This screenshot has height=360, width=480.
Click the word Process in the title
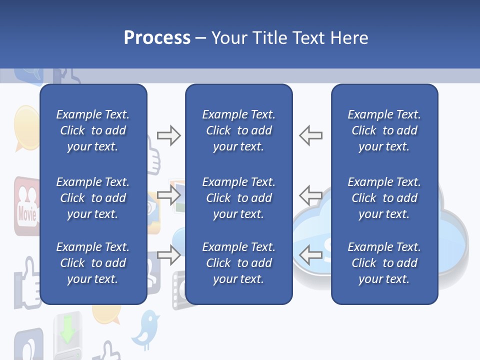coord(157,38)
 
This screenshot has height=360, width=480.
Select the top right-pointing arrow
coord(168,135)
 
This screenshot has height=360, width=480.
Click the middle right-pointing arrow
coord(168,195)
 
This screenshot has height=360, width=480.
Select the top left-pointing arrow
coord(311,135)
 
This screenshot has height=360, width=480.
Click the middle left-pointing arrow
coord(311,195)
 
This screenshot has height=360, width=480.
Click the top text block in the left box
coord(93,130)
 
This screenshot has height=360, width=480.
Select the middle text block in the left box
coord(93,198)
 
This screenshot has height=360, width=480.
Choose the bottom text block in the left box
coord(93,263)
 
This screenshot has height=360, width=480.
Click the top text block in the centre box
coord(238,130)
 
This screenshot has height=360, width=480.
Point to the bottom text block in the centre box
coord(238,263)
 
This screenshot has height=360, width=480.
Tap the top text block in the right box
coord(384,130)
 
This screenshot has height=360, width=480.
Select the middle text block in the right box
coord(384,198)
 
